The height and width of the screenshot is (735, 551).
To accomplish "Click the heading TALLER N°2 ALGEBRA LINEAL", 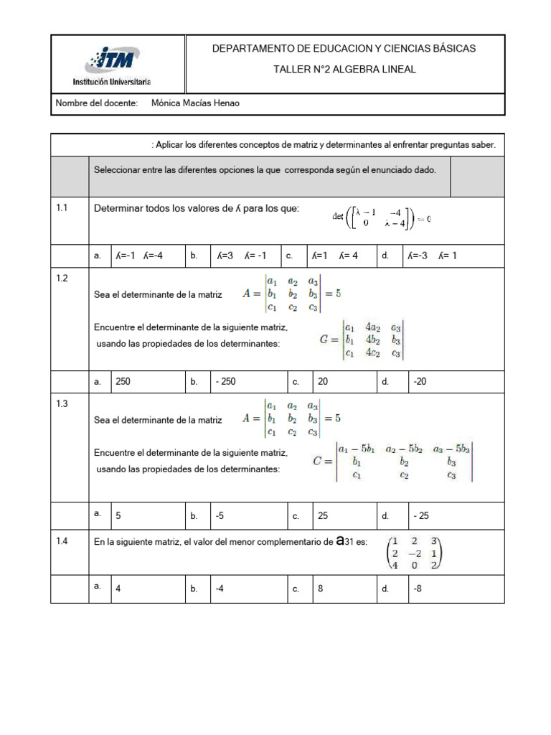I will [x=344, y=70].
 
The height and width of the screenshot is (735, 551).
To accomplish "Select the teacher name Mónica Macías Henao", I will [x=195, y=103].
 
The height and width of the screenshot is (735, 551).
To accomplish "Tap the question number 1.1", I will [x=62, y=208].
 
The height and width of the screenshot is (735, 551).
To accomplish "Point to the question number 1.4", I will [x=62, y=542].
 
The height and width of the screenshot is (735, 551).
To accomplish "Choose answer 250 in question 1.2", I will [x=123, y=382].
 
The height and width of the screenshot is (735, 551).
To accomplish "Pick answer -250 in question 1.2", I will [x=225, y=382].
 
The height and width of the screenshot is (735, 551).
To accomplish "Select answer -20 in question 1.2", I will [x=420, y=382].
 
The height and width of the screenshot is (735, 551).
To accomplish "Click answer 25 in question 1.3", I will [x=323, y=515].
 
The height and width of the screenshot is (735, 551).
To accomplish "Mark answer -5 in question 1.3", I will [x=220, y=515].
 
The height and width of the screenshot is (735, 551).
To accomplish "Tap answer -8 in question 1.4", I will [x=418, y=589].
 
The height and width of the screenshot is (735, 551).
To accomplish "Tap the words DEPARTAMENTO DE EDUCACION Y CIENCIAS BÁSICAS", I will [x=344, y=48].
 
